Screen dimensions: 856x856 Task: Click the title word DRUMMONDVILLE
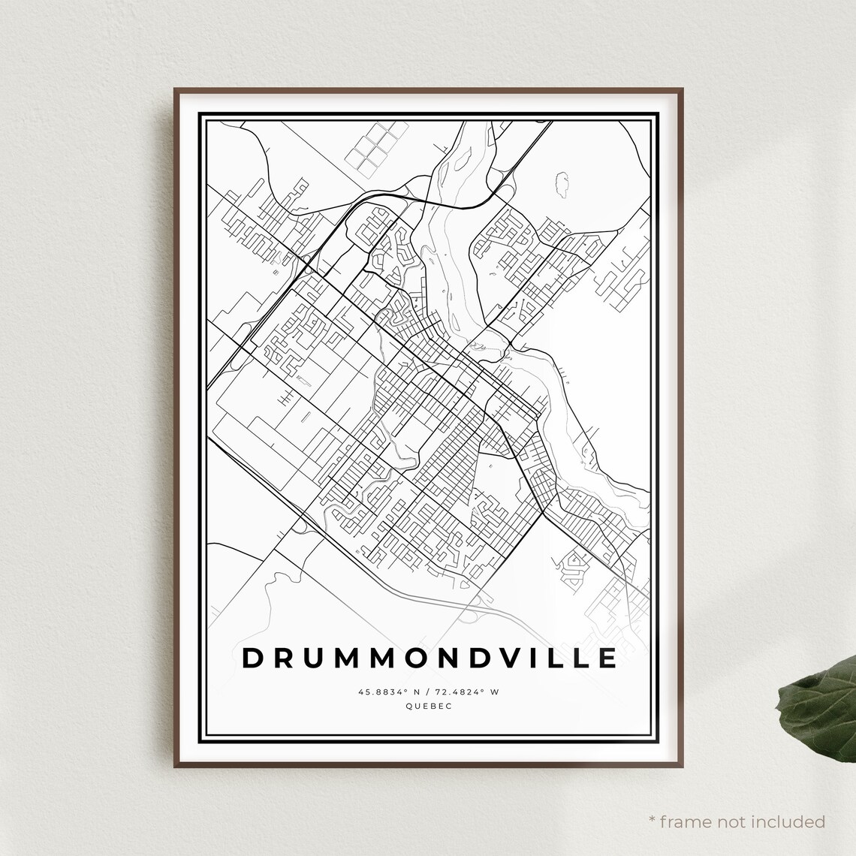430,657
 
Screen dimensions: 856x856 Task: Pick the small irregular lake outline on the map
561,184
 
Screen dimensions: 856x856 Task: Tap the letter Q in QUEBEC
408,706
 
